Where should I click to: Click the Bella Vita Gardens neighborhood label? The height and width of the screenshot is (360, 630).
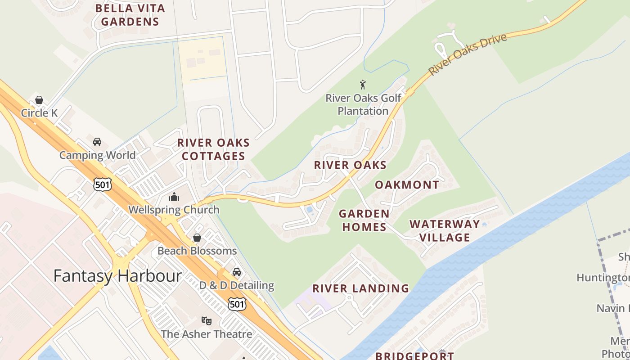[x=130, y=15]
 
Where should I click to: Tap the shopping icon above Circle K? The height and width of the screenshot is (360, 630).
[x=39, y=100]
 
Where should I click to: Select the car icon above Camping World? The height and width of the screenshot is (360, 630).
[x=97, y=142]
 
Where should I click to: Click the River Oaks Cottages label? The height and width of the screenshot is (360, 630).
[x=213, y=149]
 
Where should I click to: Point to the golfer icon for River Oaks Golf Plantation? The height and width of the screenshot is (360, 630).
[x=363, y=84]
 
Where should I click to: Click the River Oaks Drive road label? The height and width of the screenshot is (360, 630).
[x=468, y=54]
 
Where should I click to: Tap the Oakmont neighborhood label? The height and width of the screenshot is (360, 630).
[x=407, y=185]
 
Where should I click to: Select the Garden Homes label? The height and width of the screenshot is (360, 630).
[x=364, y=220]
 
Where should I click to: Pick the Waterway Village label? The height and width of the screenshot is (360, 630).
[x=445, y=230]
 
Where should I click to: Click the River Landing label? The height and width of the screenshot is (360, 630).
[x=361, y=288]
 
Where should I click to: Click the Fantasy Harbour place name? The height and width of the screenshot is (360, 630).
[x=117, y=276]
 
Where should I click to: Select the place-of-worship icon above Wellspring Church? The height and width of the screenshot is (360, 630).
[x=174, y=197]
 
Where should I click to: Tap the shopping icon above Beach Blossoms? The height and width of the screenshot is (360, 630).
[x=197, y=238]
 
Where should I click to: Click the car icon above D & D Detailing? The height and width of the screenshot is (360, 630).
[x=237, y=272]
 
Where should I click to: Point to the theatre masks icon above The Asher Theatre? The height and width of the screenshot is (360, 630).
[x=207, y=320]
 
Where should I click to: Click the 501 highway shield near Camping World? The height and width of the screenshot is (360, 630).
[x=103, y=184]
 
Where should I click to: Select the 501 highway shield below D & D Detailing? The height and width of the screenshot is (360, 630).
[x=237, y=304]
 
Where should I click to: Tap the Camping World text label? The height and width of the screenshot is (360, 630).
[x=97, y=155]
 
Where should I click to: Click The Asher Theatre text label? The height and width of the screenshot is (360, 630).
[x=207, y=334]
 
